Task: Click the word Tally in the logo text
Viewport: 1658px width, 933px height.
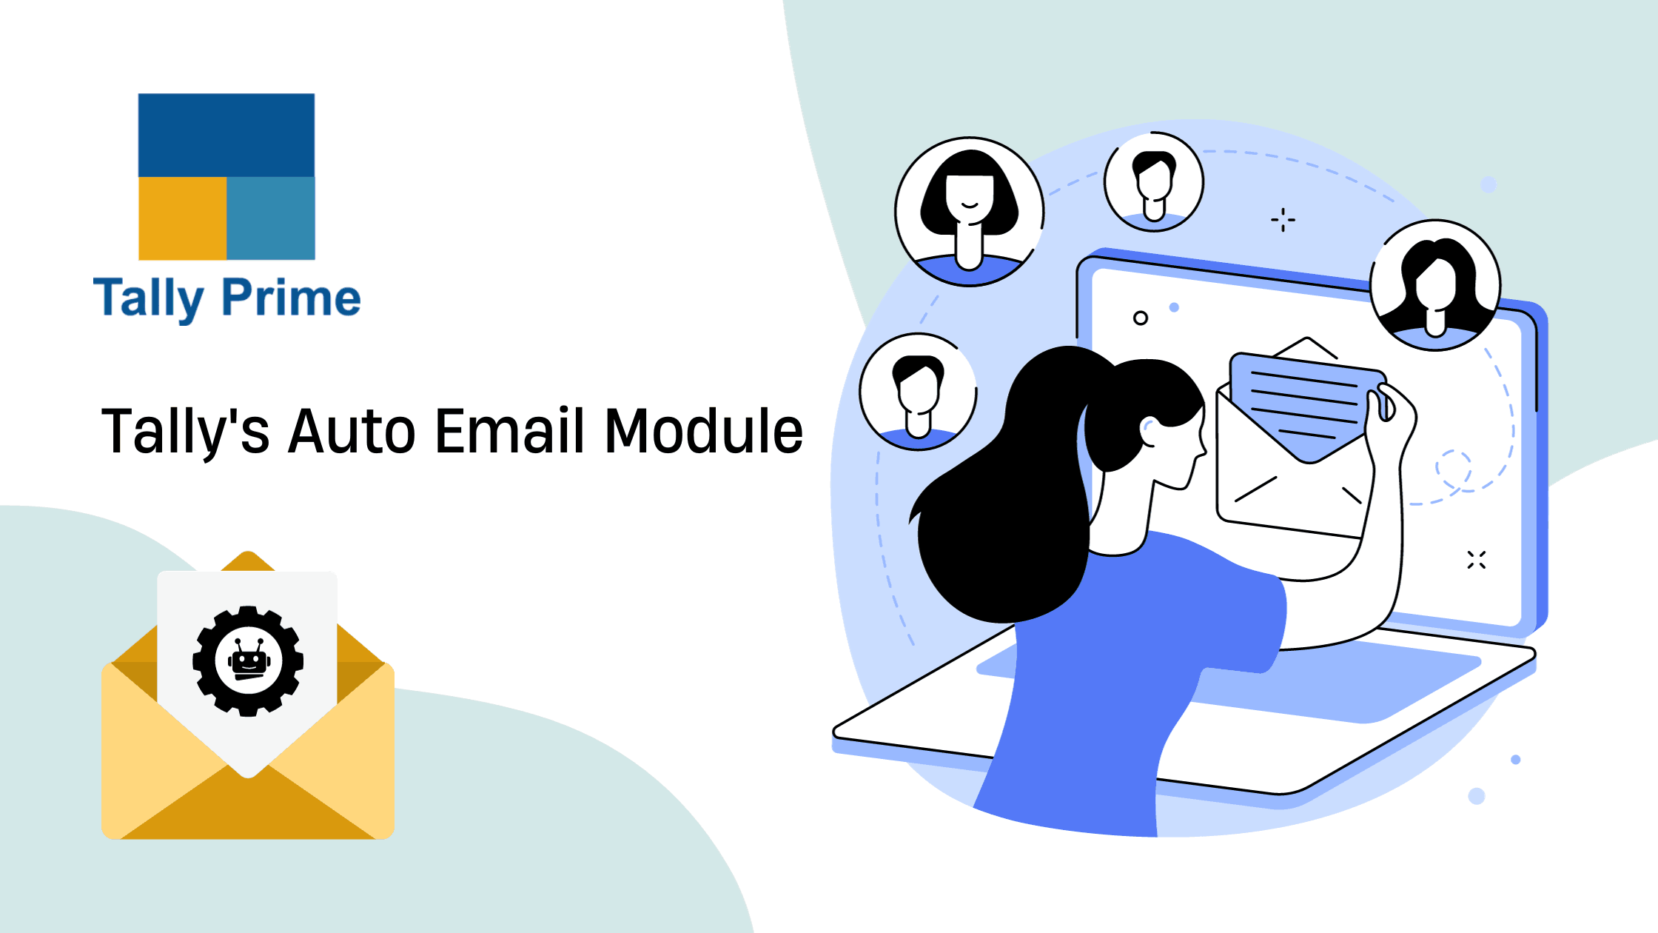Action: [x=148, y=299]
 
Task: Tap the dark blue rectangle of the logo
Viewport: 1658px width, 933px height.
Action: [x=226, y=135]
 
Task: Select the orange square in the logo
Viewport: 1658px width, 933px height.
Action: [x=182, y=218]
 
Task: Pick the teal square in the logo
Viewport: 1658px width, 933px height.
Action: [x=271, y=218]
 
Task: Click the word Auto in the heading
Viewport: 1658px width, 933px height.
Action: [x=352, y=431]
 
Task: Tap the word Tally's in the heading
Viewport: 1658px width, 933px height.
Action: [x=185, y=432]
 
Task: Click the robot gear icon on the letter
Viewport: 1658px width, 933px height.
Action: [x=248, y=661]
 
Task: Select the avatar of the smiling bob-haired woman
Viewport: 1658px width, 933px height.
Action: [x=969, y=212]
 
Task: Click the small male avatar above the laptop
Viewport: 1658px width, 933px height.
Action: [x=1154, y=182]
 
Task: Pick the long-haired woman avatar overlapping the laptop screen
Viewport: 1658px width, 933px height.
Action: [x=1435, y=285]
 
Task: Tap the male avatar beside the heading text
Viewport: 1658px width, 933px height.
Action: [x=919, y=391]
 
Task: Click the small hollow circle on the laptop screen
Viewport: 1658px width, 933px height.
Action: [x=1141, y=318]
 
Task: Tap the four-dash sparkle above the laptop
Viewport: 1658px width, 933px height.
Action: [x=1283, y=220]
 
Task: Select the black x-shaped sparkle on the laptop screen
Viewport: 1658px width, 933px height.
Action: [x=1477, y=560]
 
